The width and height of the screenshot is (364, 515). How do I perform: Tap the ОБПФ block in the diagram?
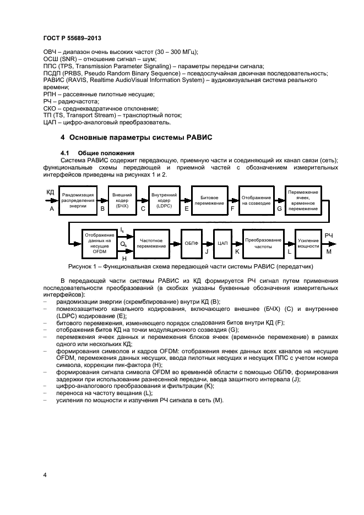(x=191, y=243)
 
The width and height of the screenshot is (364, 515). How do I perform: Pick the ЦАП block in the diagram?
(x=223, y=243)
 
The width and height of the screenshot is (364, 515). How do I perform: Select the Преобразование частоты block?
(x=263, y=243)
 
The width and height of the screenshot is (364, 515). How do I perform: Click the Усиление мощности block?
(x=308, y=243)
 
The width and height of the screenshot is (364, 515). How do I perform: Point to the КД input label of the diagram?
(x=51, y=192)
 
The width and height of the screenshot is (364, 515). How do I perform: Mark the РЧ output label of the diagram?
(x=329, y=235)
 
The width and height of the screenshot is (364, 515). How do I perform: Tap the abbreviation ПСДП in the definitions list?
(x=52, y=73)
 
